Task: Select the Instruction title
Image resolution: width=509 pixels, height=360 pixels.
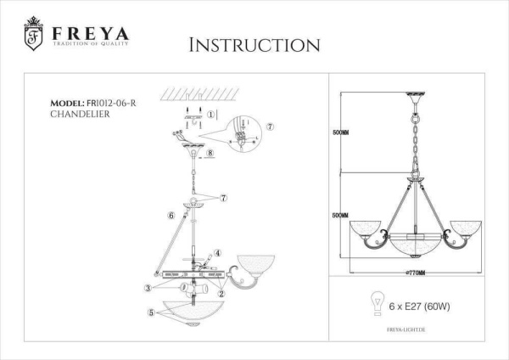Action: pos(254,44)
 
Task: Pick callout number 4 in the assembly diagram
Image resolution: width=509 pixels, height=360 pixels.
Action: pos(217,252)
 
